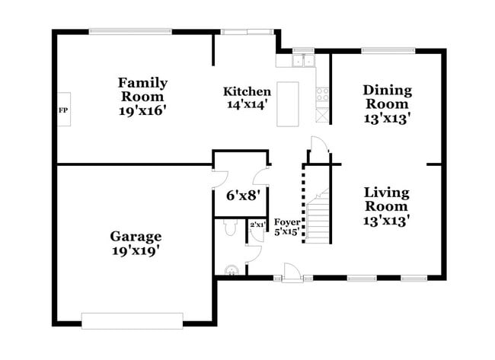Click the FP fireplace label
coord(63,110)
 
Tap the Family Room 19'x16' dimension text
coord(142,110)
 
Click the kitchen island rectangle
coord(288,104)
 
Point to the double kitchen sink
coord(303,61)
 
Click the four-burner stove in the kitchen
coord(322,94)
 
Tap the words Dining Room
coord(388,97)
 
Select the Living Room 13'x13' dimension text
coord(386,221)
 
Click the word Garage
coord(136,237)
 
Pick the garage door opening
coord(132,321)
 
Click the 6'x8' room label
coord(243,196)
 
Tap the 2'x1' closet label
coord(257,225)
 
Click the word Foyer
coord(287,222)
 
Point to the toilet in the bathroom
coord(230,228)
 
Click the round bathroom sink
coord(232,270)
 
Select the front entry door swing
coord(291,272)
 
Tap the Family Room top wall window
coord(130,31)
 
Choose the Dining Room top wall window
coord(388,50)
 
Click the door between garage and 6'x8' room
coord(221,179)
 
